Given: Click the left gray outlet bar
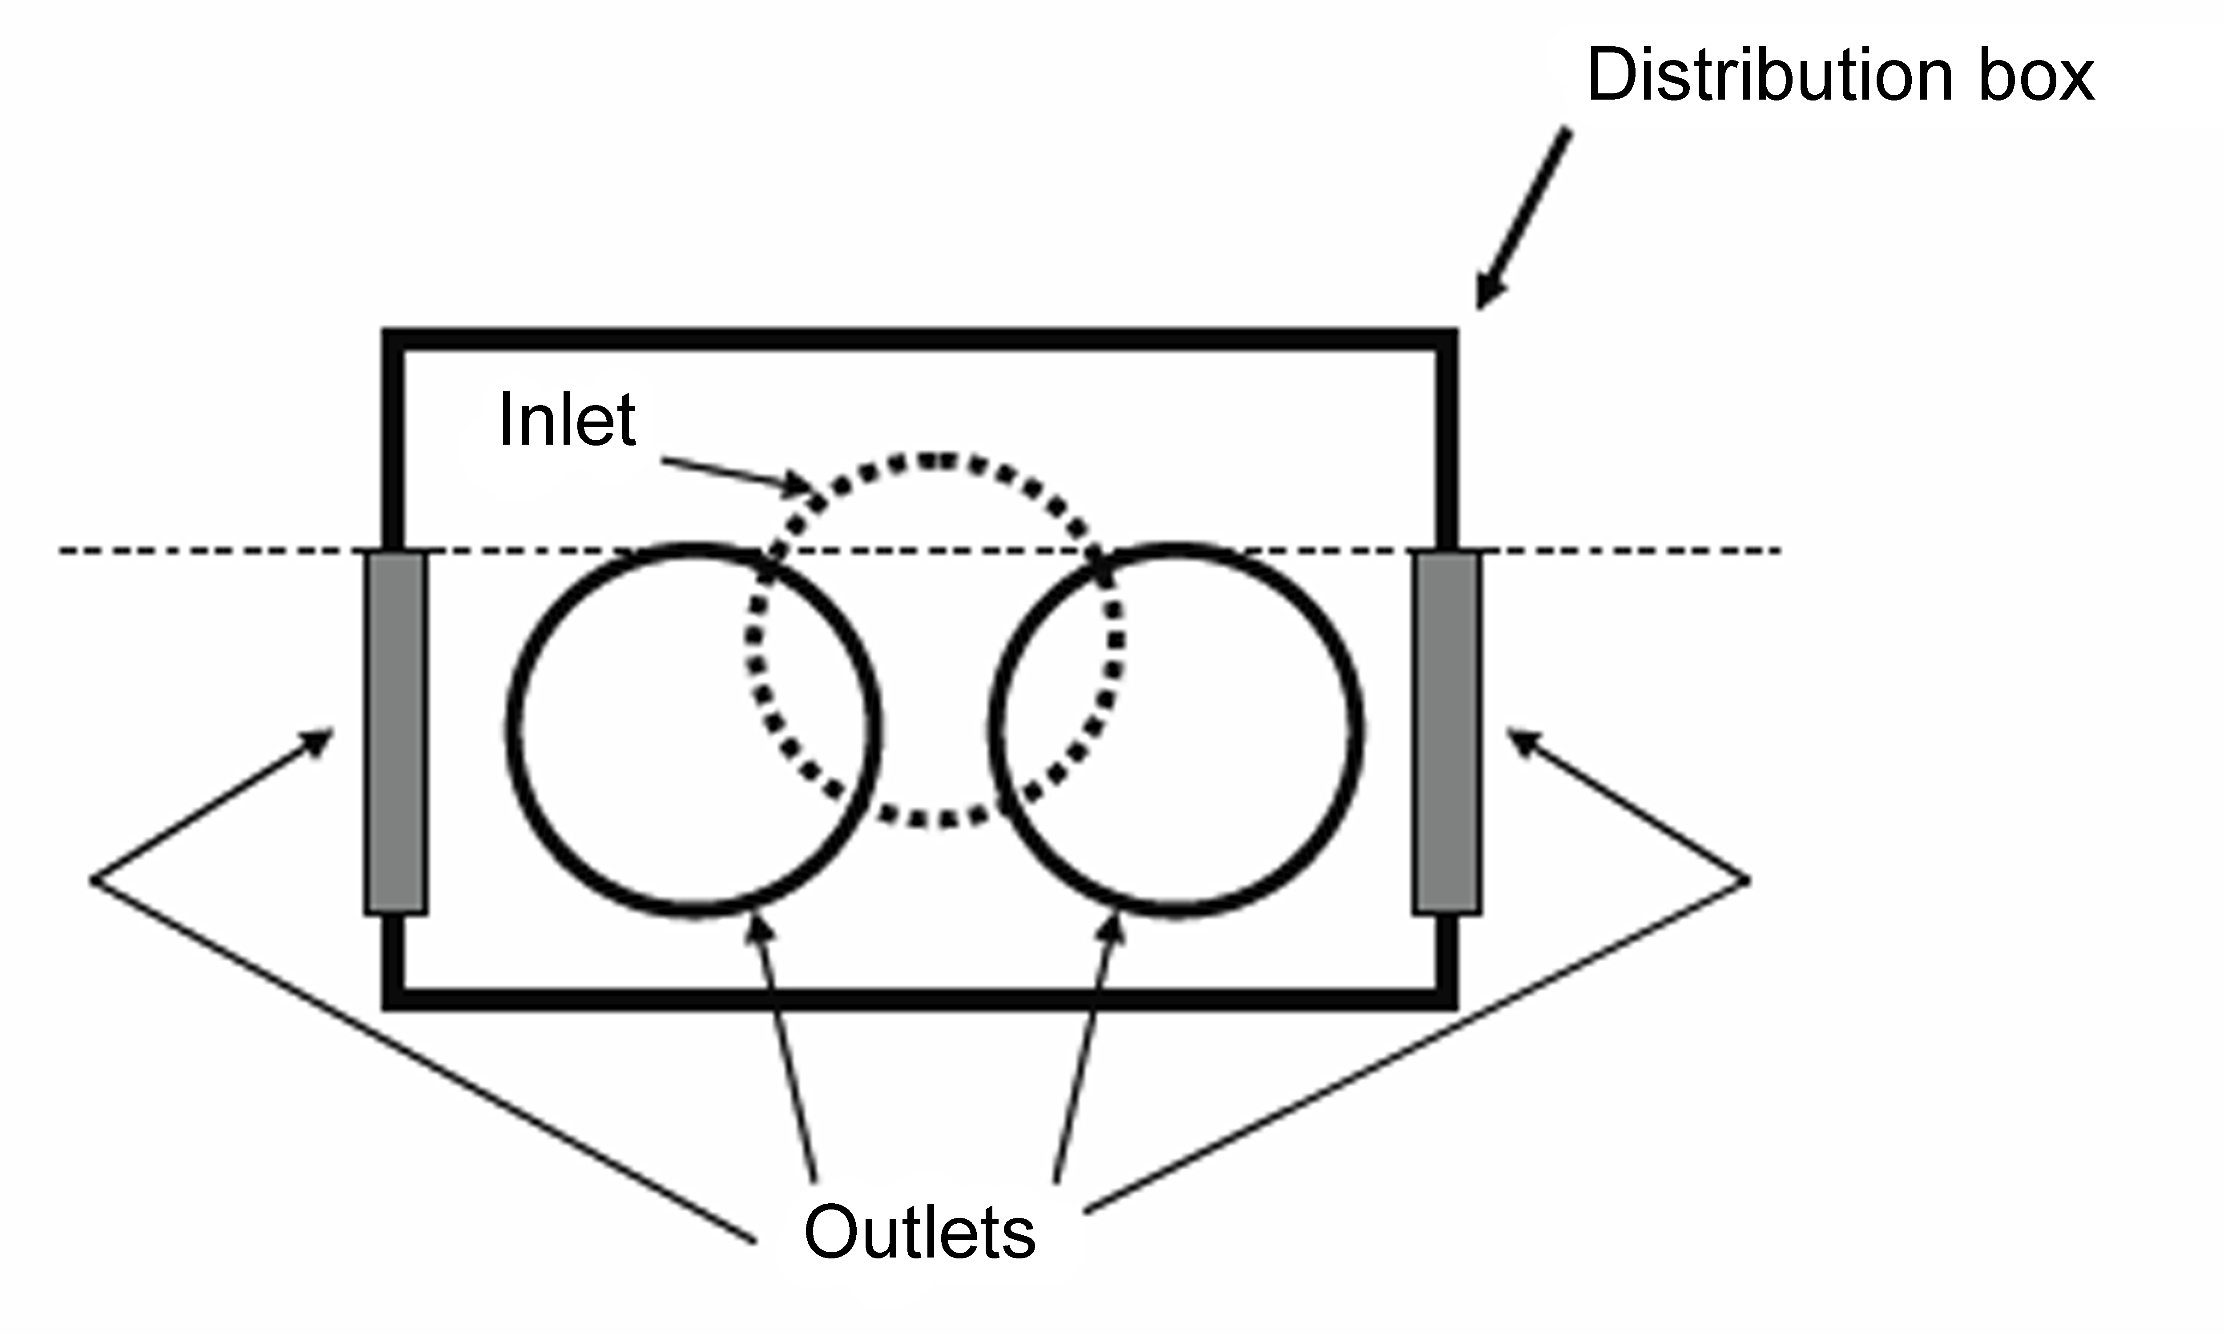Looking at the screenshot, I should [395, 733].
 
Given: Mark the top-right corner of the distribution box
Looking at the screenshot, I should [1446, 340].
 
